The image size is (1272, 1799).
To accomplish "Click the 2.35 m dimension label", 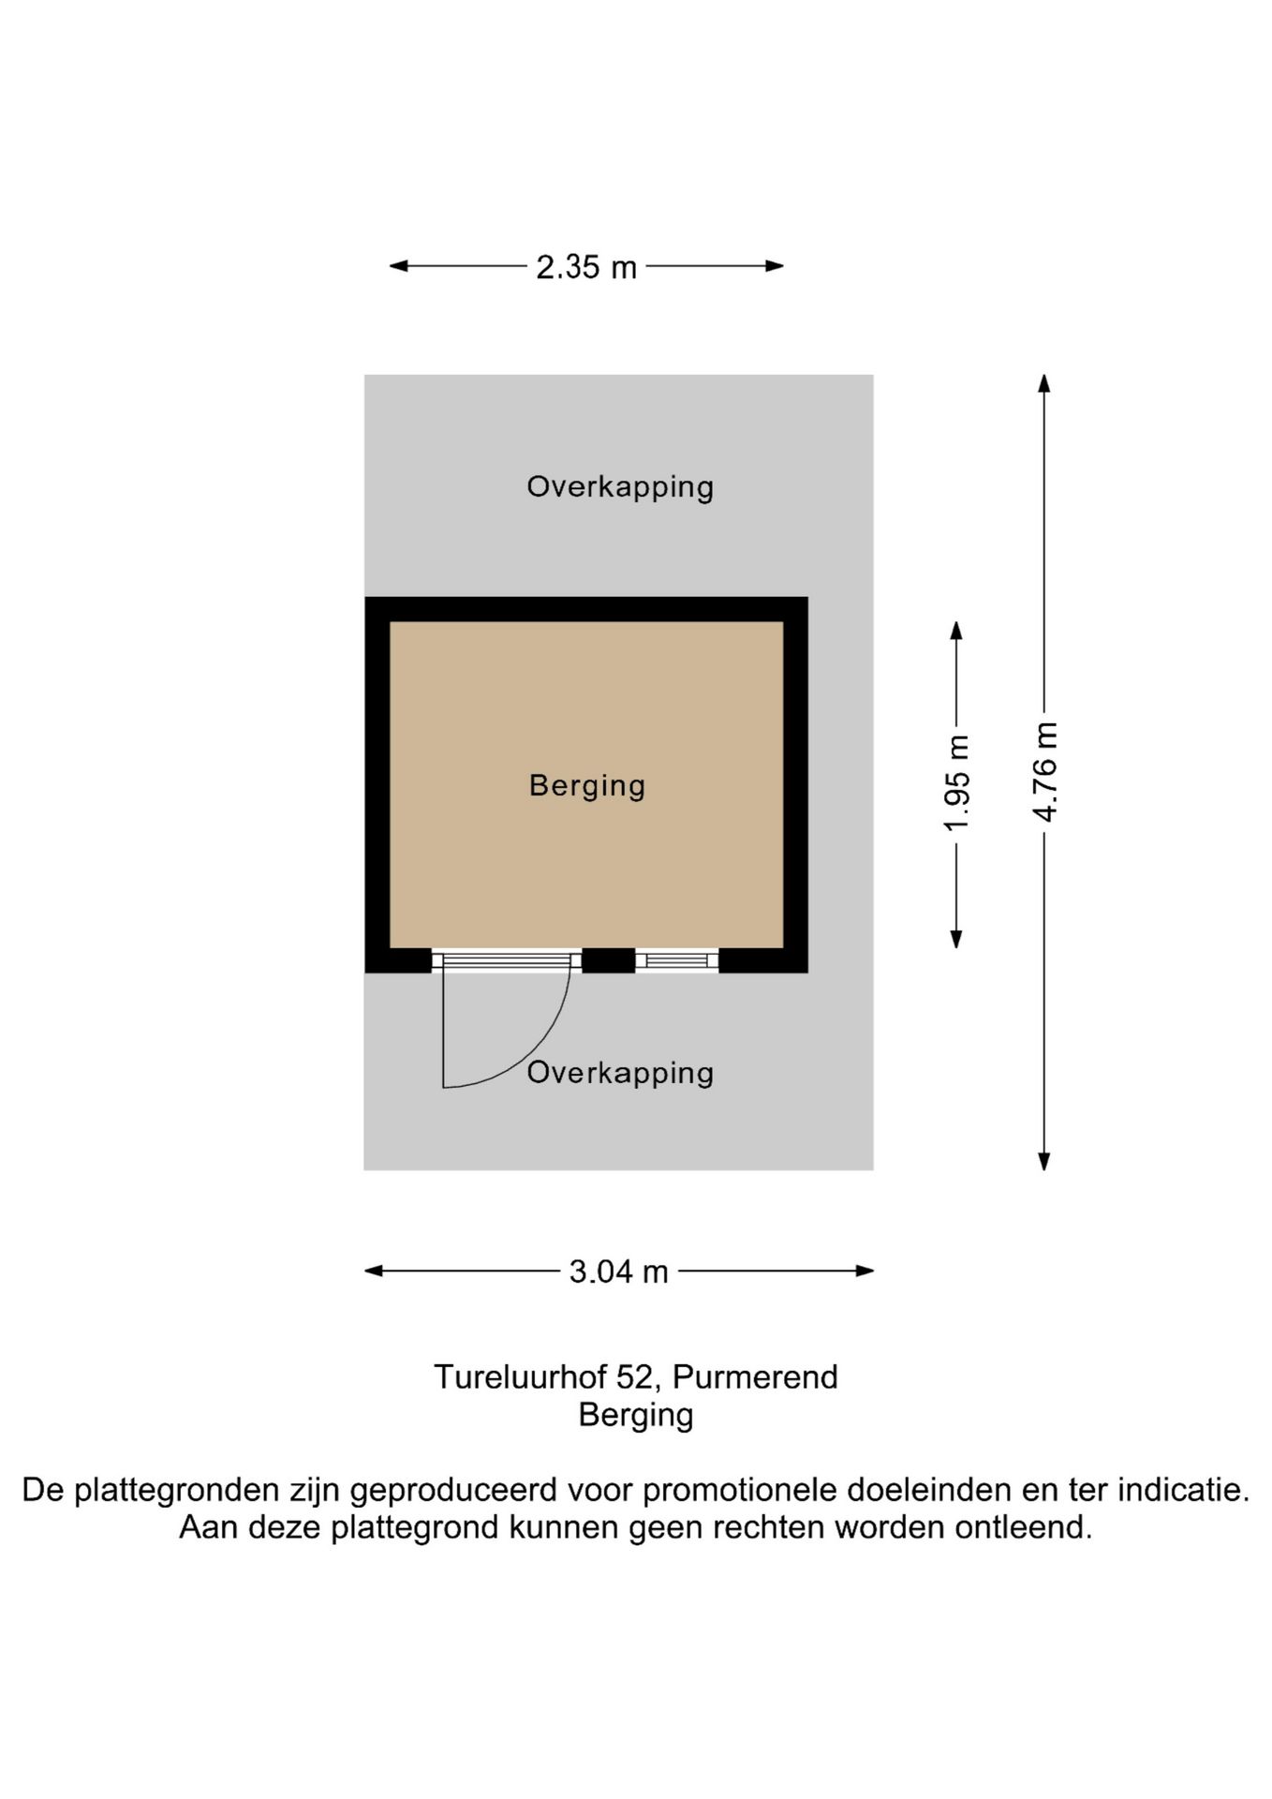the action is [x=586, y=267].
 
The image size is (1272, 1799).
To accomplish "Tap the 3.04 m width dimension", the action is [x=618, y=1271].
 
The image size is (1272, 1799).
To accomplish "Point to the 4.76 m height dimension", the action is [x=1044, y=772].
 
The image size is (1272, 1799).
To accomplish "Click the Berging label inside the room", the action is [x=587, y=785].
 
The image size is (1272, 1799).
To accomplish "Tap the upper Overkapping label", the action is [x=620, y=486].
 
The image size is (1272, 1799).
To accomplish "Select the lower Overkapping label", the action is [x=620, y=1073].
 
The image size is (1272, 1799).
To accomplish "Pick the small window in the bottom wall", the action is [x=677, y=960].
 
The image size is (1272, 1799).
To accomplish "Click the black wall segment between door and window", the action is [x=609, y=960].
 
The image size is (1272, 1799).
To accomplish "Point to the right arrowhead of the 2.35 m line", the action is [x=775, y=266].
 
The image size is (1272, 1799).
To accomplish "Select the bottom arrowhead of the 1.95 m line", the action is [x=956, y=939].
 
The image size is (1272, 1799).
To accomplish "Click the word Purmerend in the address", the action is [x=755, y=1377].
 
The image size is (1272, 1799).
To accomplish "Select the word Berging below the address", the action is [x=636, y=1415].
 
